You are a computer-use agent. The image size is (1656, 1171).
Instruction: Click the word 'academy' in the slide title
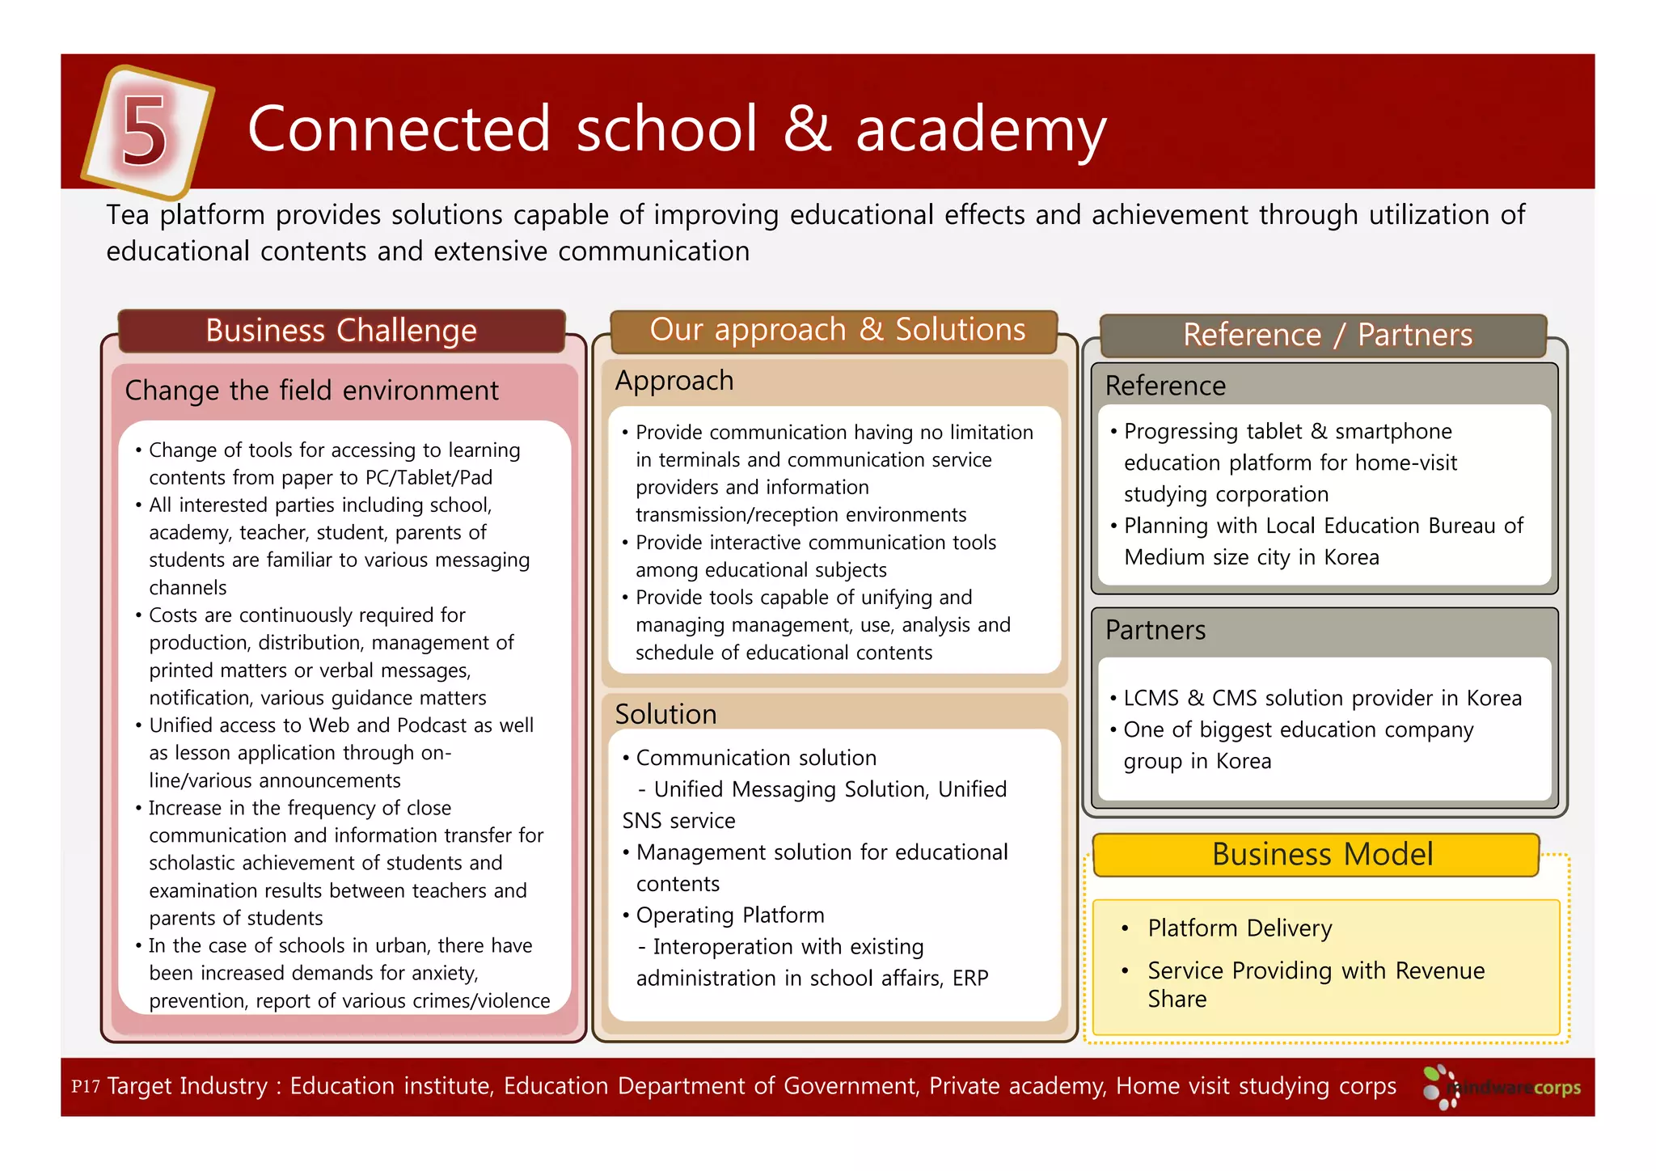point(980,130)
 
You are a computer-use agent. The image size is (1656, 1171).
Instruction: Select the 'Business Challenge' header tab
point(341,331)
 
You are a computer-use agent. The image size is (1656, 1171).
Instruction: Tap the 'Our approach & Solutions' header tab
point(837,330)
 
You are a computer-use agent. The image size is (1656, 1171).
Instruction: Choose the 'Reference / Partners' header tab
point(1327,335)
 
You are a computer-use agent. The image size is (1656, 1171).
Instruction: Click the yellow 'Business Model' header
point(1321,855)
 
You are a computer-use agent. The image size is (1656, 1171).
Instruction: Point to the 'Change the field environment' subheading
point(311,391)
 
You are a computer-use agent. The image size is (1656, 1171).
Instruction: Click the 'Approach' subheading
point(674,381)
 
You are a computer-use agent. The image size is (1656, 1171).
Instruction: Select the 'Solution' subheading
point(665,714)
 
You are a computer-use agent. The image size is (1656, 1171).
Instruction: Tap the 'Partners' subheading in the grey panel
point(1155,630)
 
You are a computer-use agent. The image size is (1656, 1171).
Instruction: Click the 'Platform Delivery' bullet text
point(1239,928)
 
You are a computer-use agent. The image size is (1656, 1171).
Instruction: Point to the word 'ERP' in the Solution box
point(970,979)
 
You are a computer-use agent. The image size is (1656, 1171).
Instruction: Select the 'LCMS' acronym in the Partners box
point(1151,698)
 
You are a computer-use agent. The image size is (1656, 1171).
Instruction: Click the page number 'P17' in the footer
point(85,1086)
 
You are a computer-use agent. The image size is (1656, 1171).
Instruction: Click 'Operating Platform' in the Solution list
point(729,915)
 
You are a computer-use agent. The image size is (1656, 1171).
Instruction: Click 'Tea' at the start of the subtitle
point(128,215)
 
